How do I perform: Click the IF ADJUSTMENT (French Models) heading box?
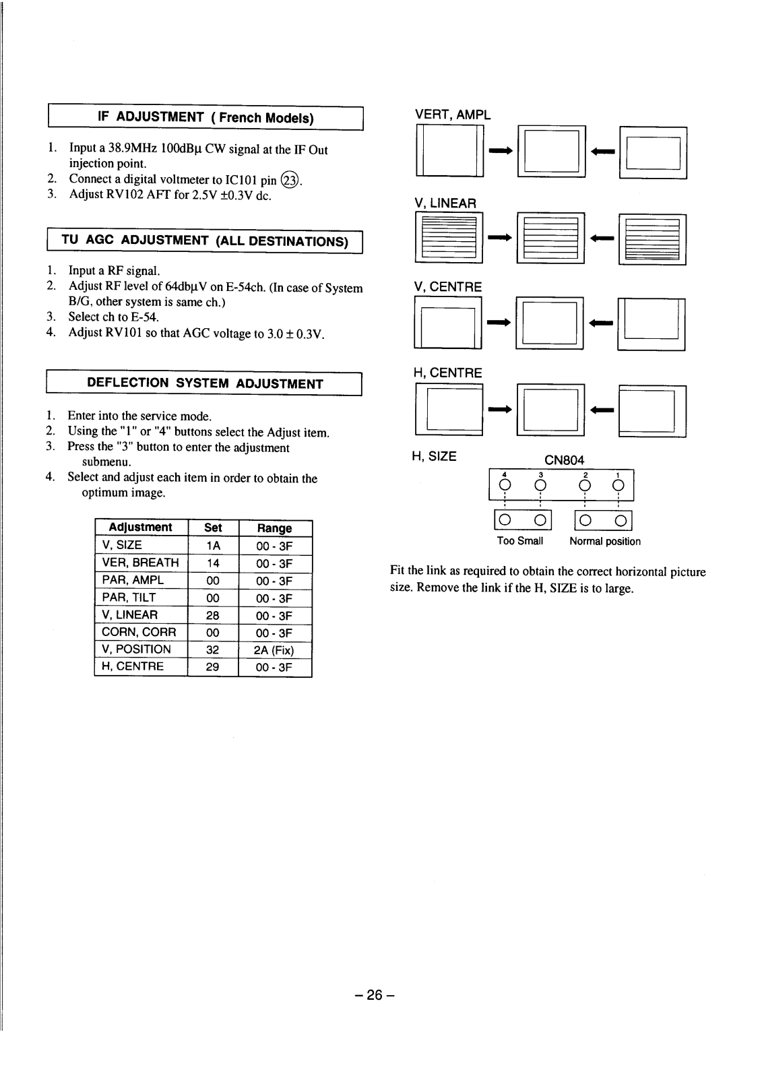205,118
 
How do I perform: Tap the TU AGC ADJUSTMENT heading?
205,241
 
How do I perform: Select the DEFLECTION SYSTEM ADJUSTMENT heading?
205,383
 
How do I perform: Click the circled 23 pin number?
290,180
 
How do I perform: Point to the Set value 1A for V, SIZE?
213,545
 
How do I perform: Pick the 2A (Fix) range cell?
274,650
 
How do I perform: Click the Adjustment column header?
141,528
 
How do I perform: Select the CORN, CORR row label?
139,632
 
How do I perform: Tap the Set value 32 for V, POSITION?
213,649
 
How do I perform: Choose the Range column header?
274,528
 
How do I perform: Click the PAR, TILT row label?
129,598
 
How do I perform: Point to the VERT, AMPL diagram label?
453,115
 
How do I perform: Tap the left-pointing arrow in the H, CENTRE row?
602,410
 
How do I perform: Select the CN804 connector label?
564,460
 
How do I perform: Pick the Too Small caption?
520,541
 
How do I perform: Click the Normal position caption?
605,541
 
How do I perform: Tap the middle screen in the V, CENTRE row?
550,323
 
